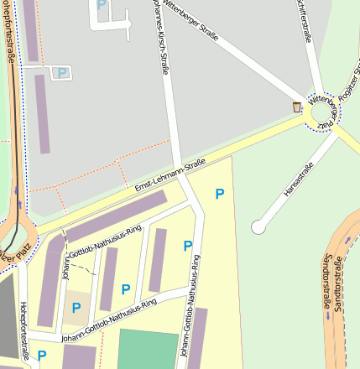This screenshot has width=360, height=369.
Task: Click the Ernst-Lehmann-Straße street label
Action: tap(171, 176)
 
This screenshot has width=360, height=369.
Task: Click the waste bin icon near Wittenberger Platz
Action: tap(296, 107)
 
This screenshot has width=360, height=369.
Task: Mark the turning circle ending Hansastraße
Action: tap(258, 226)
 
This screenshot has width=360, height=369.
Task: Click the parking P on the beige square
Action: tap(76, 308)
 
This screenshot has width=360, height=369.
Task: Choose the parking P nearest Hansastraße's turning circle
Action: tap(220, 194)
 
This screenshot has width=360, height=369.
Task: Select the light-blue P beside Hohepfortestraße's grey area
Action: tap(61, 73)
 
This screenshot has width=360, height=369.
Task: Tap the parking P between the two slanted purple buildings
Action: tap(126, 289)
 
